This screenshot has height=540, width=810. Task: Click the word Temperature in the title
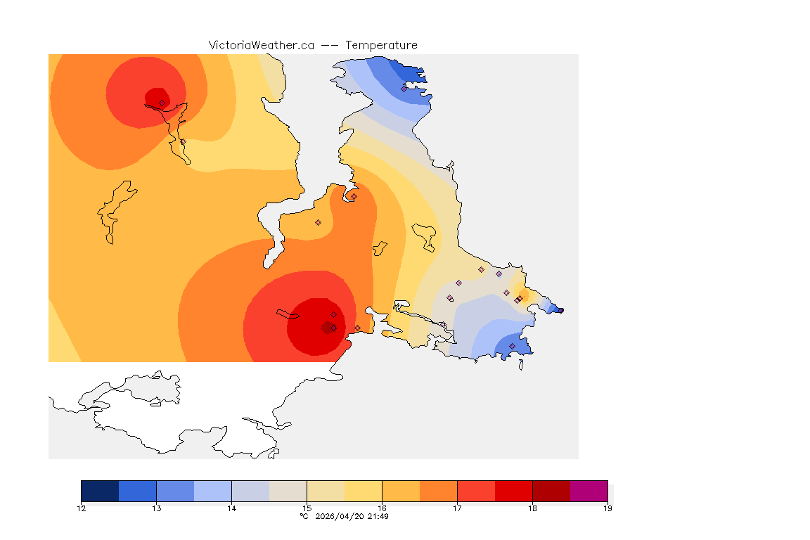[381, 45]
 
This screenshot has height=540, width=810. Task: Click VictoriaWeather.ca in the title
[261, 45]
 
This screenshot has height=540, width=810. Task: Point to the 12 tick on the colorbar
[82, 508]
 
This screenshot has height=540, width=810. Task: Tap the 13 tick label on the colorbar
[156, 508]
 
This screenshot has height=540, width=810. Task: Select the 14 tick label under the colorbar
[231, 508]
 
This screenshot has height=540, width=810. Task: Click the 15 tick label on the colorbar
[307, 508]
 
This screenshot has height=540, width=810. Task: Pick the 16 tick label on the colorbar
[382, 508]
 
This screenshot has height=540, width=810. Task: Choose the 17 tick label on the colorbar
[457, 508]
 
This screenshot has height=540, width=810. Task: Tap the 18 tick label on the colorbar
[532, 508]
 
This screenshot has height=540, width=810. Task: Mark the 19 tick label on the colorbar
[607, 508]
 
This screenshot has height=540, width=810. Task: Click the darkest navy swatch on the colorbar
[100, 491]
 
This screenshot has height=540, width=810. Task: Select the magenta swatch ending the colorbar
[589, 491]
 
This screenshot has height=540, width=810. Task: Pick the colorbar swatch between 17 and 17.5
[476, 491]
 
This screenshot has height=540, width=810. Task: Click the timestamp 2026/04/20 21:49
[352, 517]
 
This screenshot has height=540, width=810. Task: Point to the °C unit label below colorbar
[304, 517]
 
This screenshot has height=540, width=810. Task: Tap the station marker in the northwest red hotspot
[162, 103]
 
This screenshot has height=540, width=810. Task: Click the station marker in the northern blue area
[404, 89]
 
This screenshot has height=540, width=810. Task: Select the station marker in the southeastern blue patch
[512, 346]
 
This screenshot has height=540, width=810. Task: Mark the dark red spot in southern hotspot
[326, 328]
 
